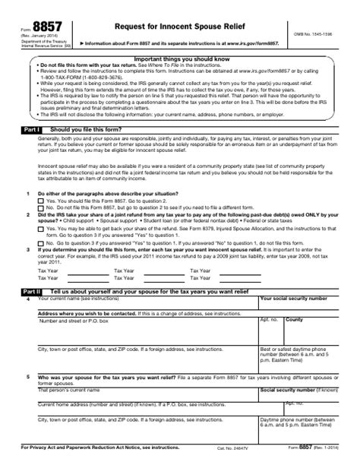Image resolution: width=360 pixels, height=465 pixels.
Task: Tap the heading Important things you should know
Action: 179,59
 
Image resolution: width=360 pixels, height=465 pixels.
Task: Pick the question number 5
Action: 29,377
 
